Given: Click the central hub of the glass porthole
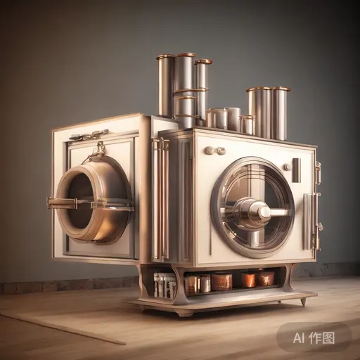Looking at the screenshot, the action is point(263,211).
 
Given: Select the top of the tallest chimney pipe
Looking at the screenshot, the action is point(186,55).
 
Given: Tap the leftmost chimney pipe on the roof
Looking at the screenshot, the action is point(166,86).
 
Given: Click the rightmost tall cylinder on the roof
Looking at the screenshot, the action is point(280,113).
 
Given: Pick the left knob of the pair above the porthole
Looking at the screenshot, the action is point(209,150).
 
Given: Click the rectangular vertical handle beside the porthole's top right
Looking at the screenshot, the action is point(296,170).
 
